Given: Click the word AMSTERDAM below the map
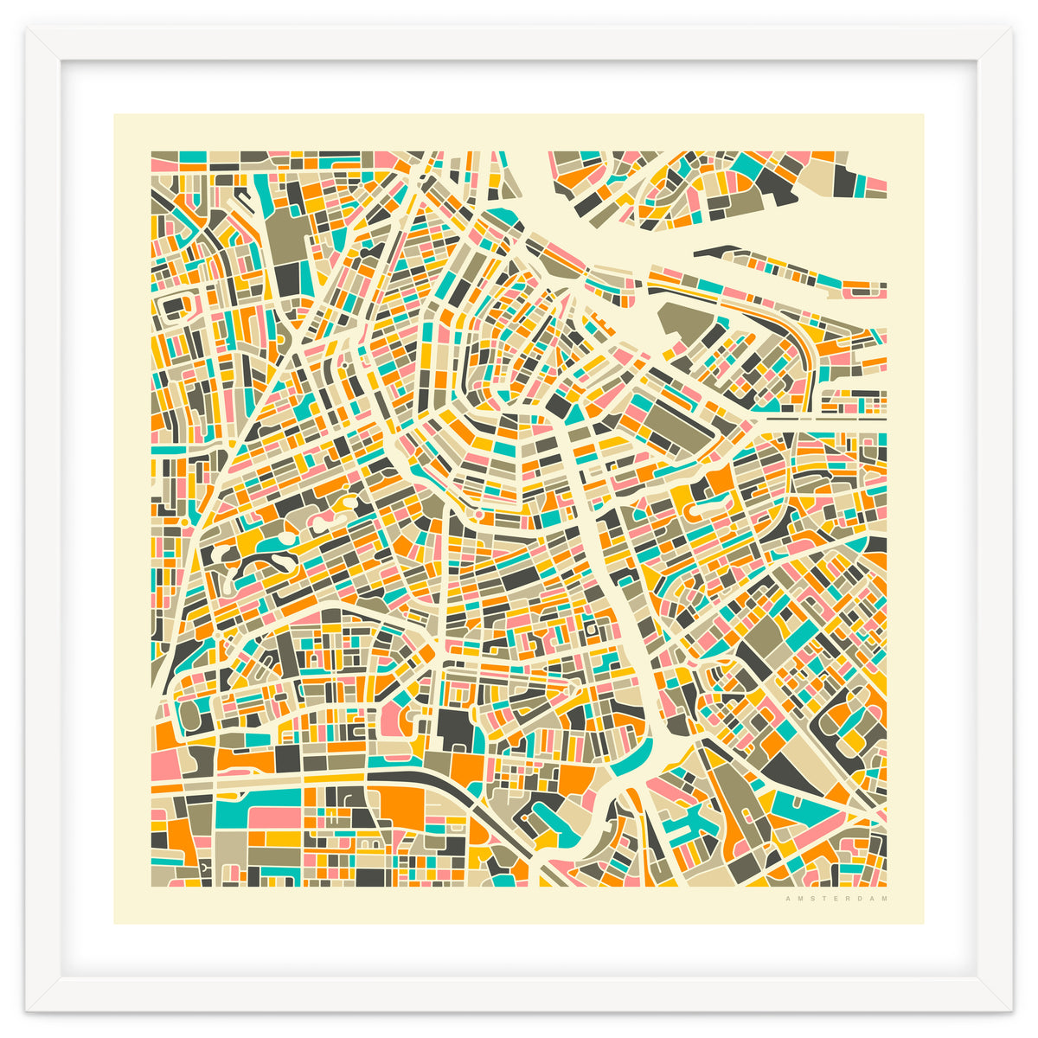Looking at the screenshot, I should (x=836, y=899).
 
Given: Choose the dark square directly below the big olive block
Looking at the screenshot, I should (x=288, y=279).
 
